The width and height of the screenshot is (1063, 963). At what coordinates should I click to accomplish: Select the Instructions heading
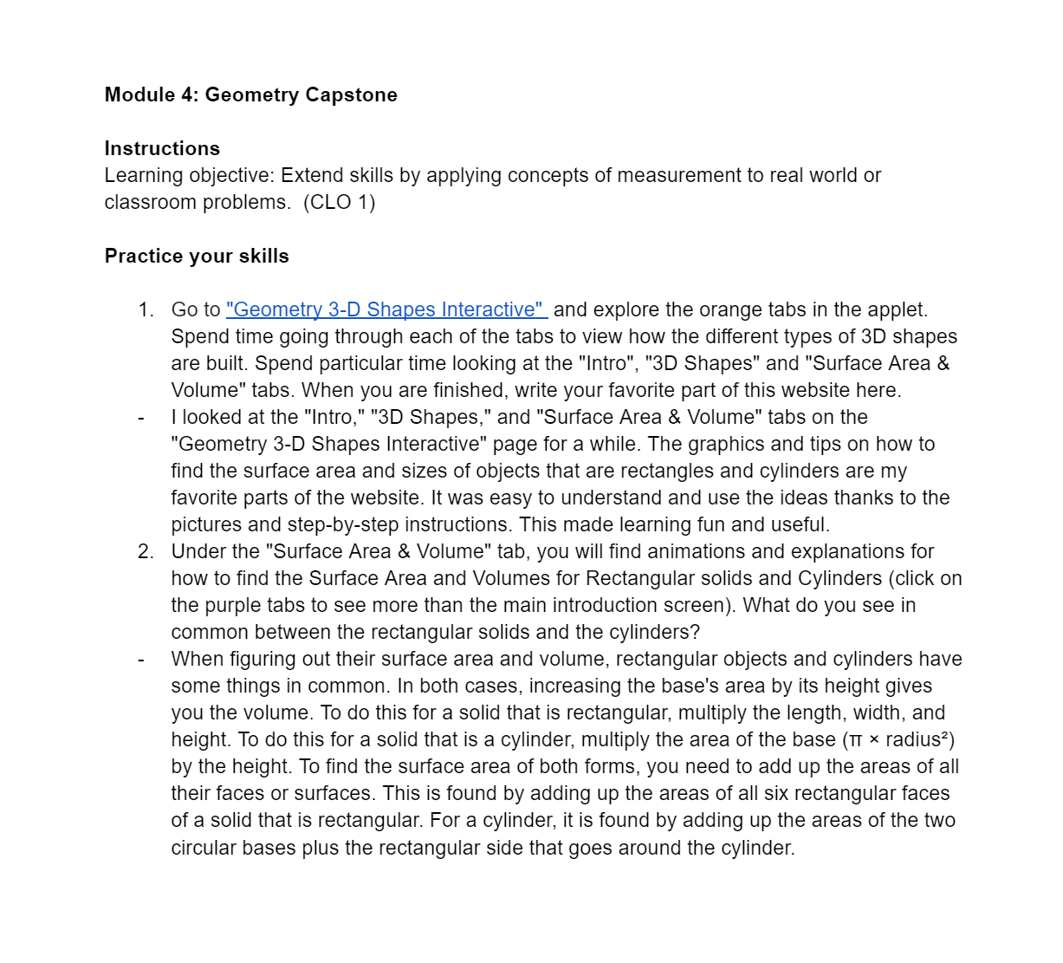point(162,148)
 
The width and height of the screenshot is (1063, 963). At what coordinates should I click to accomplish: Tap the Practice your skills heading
point(197,256)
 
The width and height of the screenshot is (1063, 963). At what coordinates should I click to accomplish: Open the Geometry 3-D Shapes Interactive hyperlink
point(386,309)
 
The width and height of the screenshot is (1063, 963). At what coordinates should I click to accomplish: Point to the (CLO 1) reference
point(339,202)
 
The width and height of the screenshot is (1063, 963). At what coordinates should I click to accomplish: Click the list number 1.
point(145,309)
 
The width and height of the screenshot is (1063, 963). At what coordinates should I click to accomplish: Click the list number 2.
point(145,551)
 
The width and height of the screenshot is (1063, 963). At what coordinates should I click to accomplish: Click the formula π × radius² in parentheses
point(898,739)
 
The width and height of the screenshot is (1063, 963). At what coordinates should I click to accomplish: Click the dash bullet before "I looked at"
point(141,417)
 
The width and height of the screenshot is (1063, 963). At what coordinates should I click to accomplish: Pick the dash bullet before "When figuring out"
point(141,659)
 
